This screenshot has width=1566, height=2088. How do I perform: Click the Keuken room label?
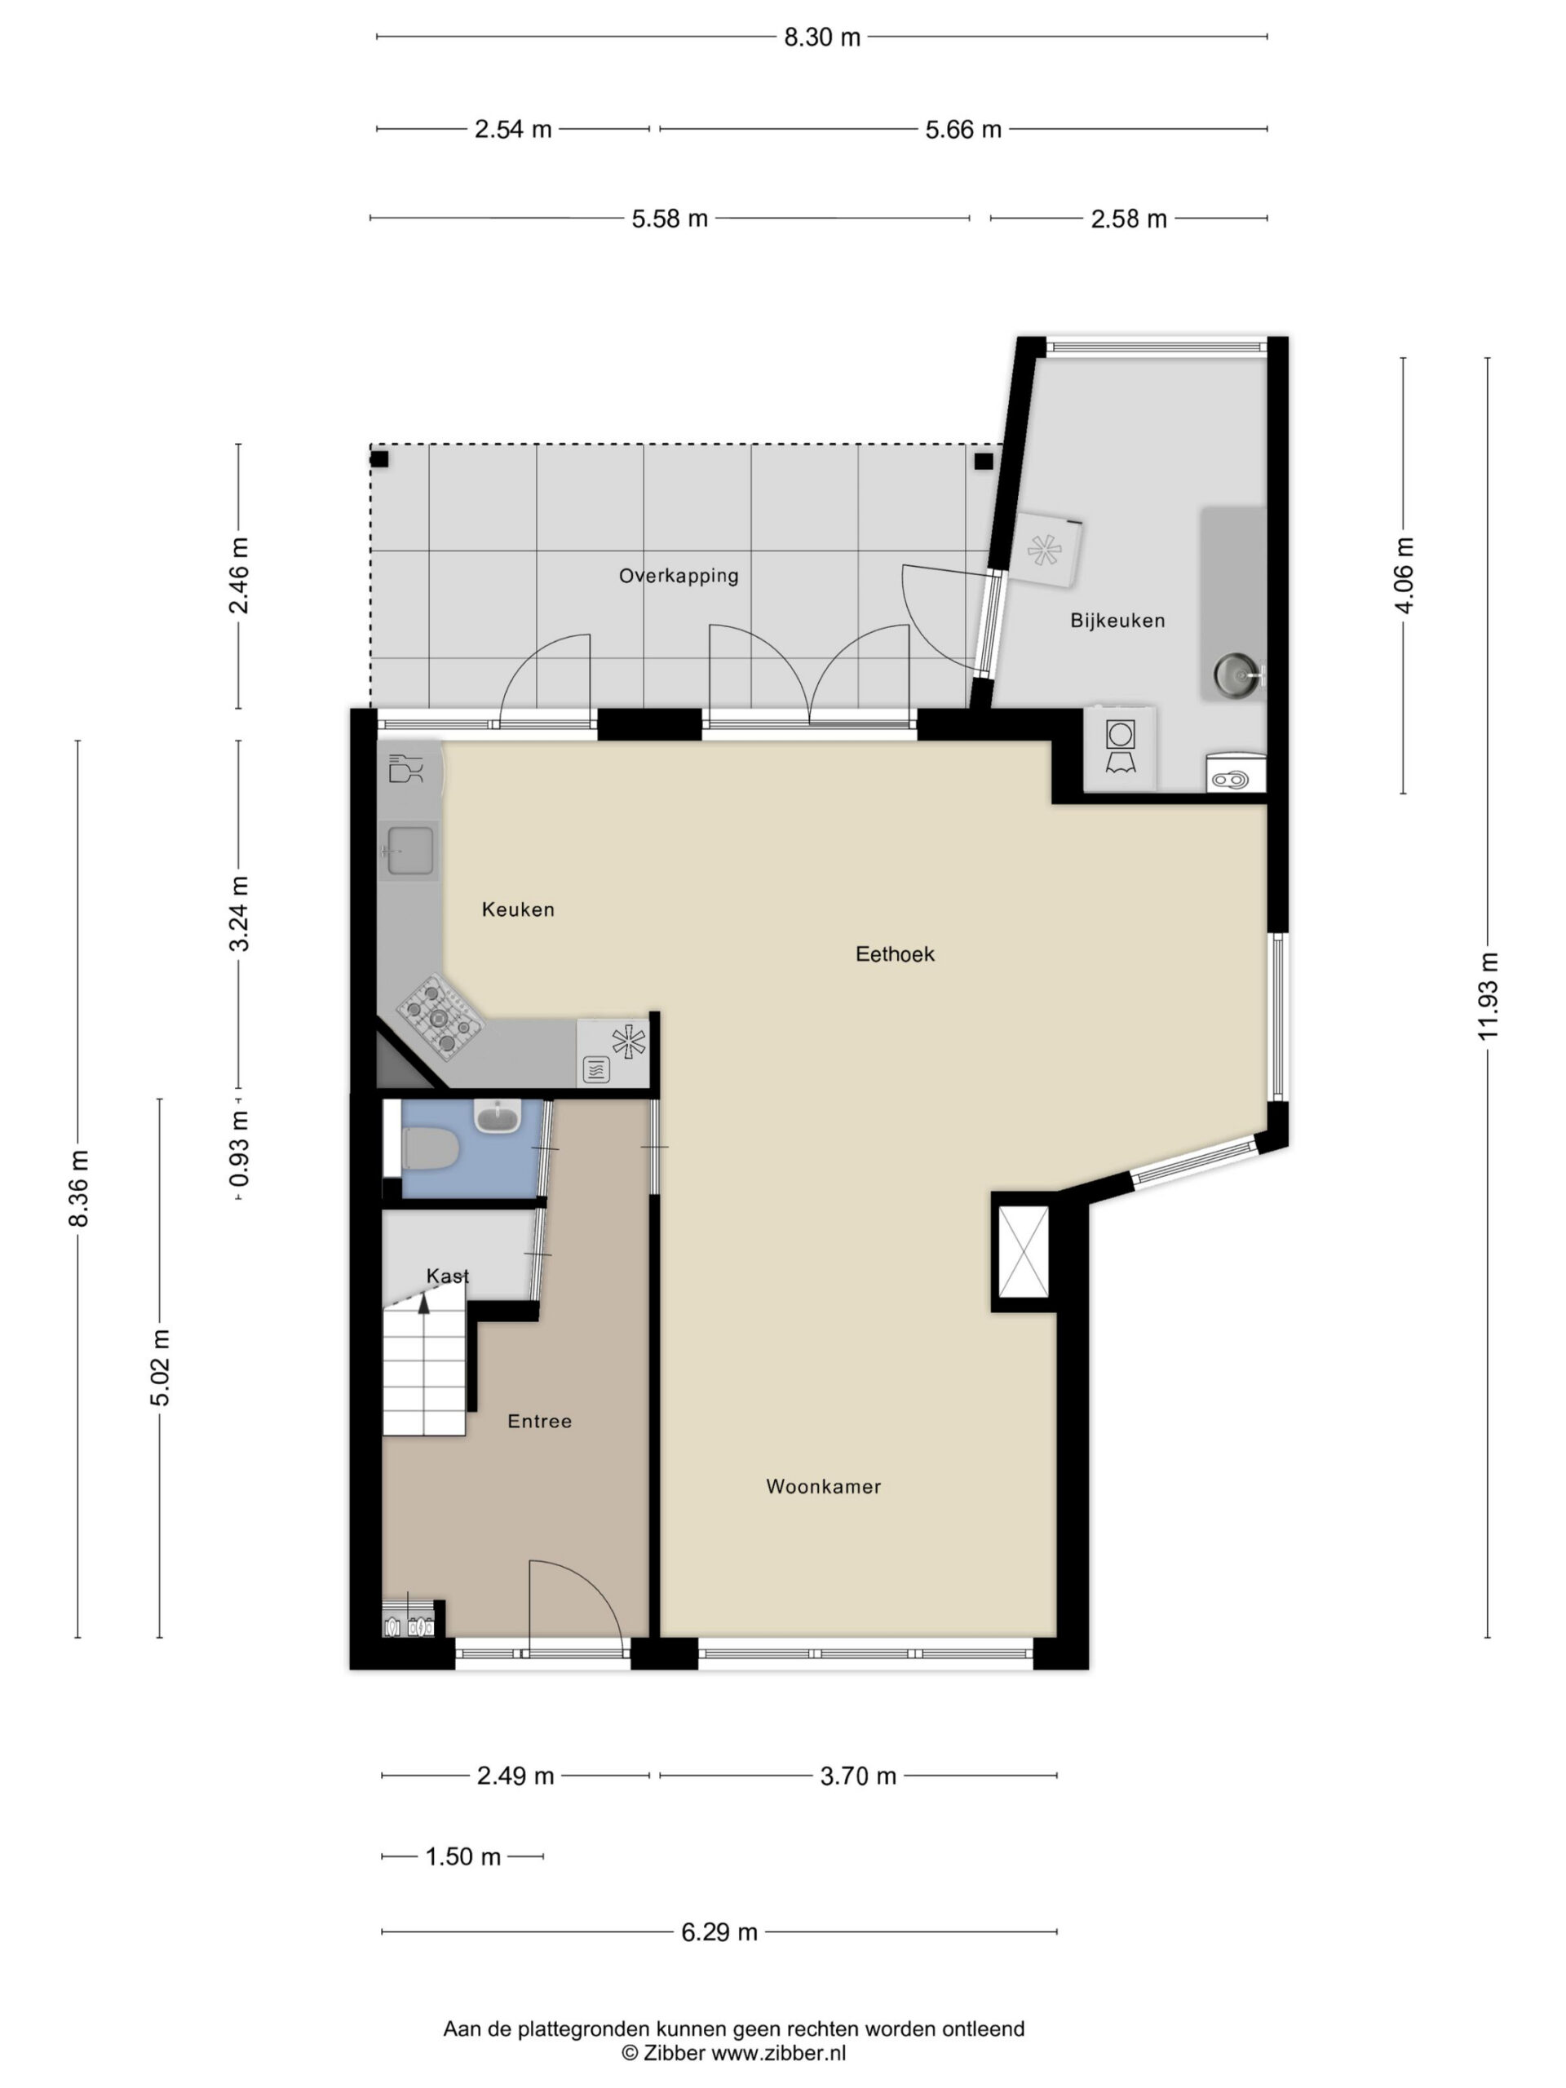coord(517,909)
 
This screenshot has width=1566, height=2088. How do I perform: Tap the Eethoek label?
coord(895,953)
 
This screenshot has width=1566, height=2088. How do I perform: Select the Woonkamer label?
coord(823,1486)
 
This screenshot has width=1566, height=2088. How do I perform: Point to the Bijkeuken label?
coord(1117,620)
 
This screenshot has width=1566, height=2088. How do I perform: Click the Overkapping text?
coord(679,576)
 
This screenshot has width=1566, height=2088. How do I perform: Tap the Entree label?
coord(539,1421)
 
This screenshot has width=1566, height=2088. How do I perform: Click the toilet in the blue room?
coord(431,1150)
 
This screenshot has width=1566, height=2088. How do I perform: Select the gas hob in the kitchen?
coord(439,1015)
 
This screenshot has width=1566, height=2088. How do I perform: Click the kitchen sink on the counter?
coord(410,851)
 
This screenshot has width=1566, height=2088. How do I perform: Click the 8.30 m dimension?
coord(822,37)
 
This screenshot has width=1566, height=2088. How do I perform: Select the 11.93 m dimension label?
coord(1488,997)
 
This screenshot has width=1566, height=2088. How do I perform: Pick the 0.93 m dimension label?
coord(239,1148)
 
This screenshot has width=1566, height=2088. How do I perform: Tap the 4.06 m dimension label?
coord(1404,575)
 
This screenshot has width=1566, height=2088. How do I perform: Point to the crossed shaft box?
coord(1024,1252)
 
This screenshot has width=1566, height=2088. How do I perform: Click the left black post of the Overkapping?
coord(378,460)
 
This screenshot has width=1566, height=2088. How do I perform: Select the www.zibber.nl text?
coord(778,2053)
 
